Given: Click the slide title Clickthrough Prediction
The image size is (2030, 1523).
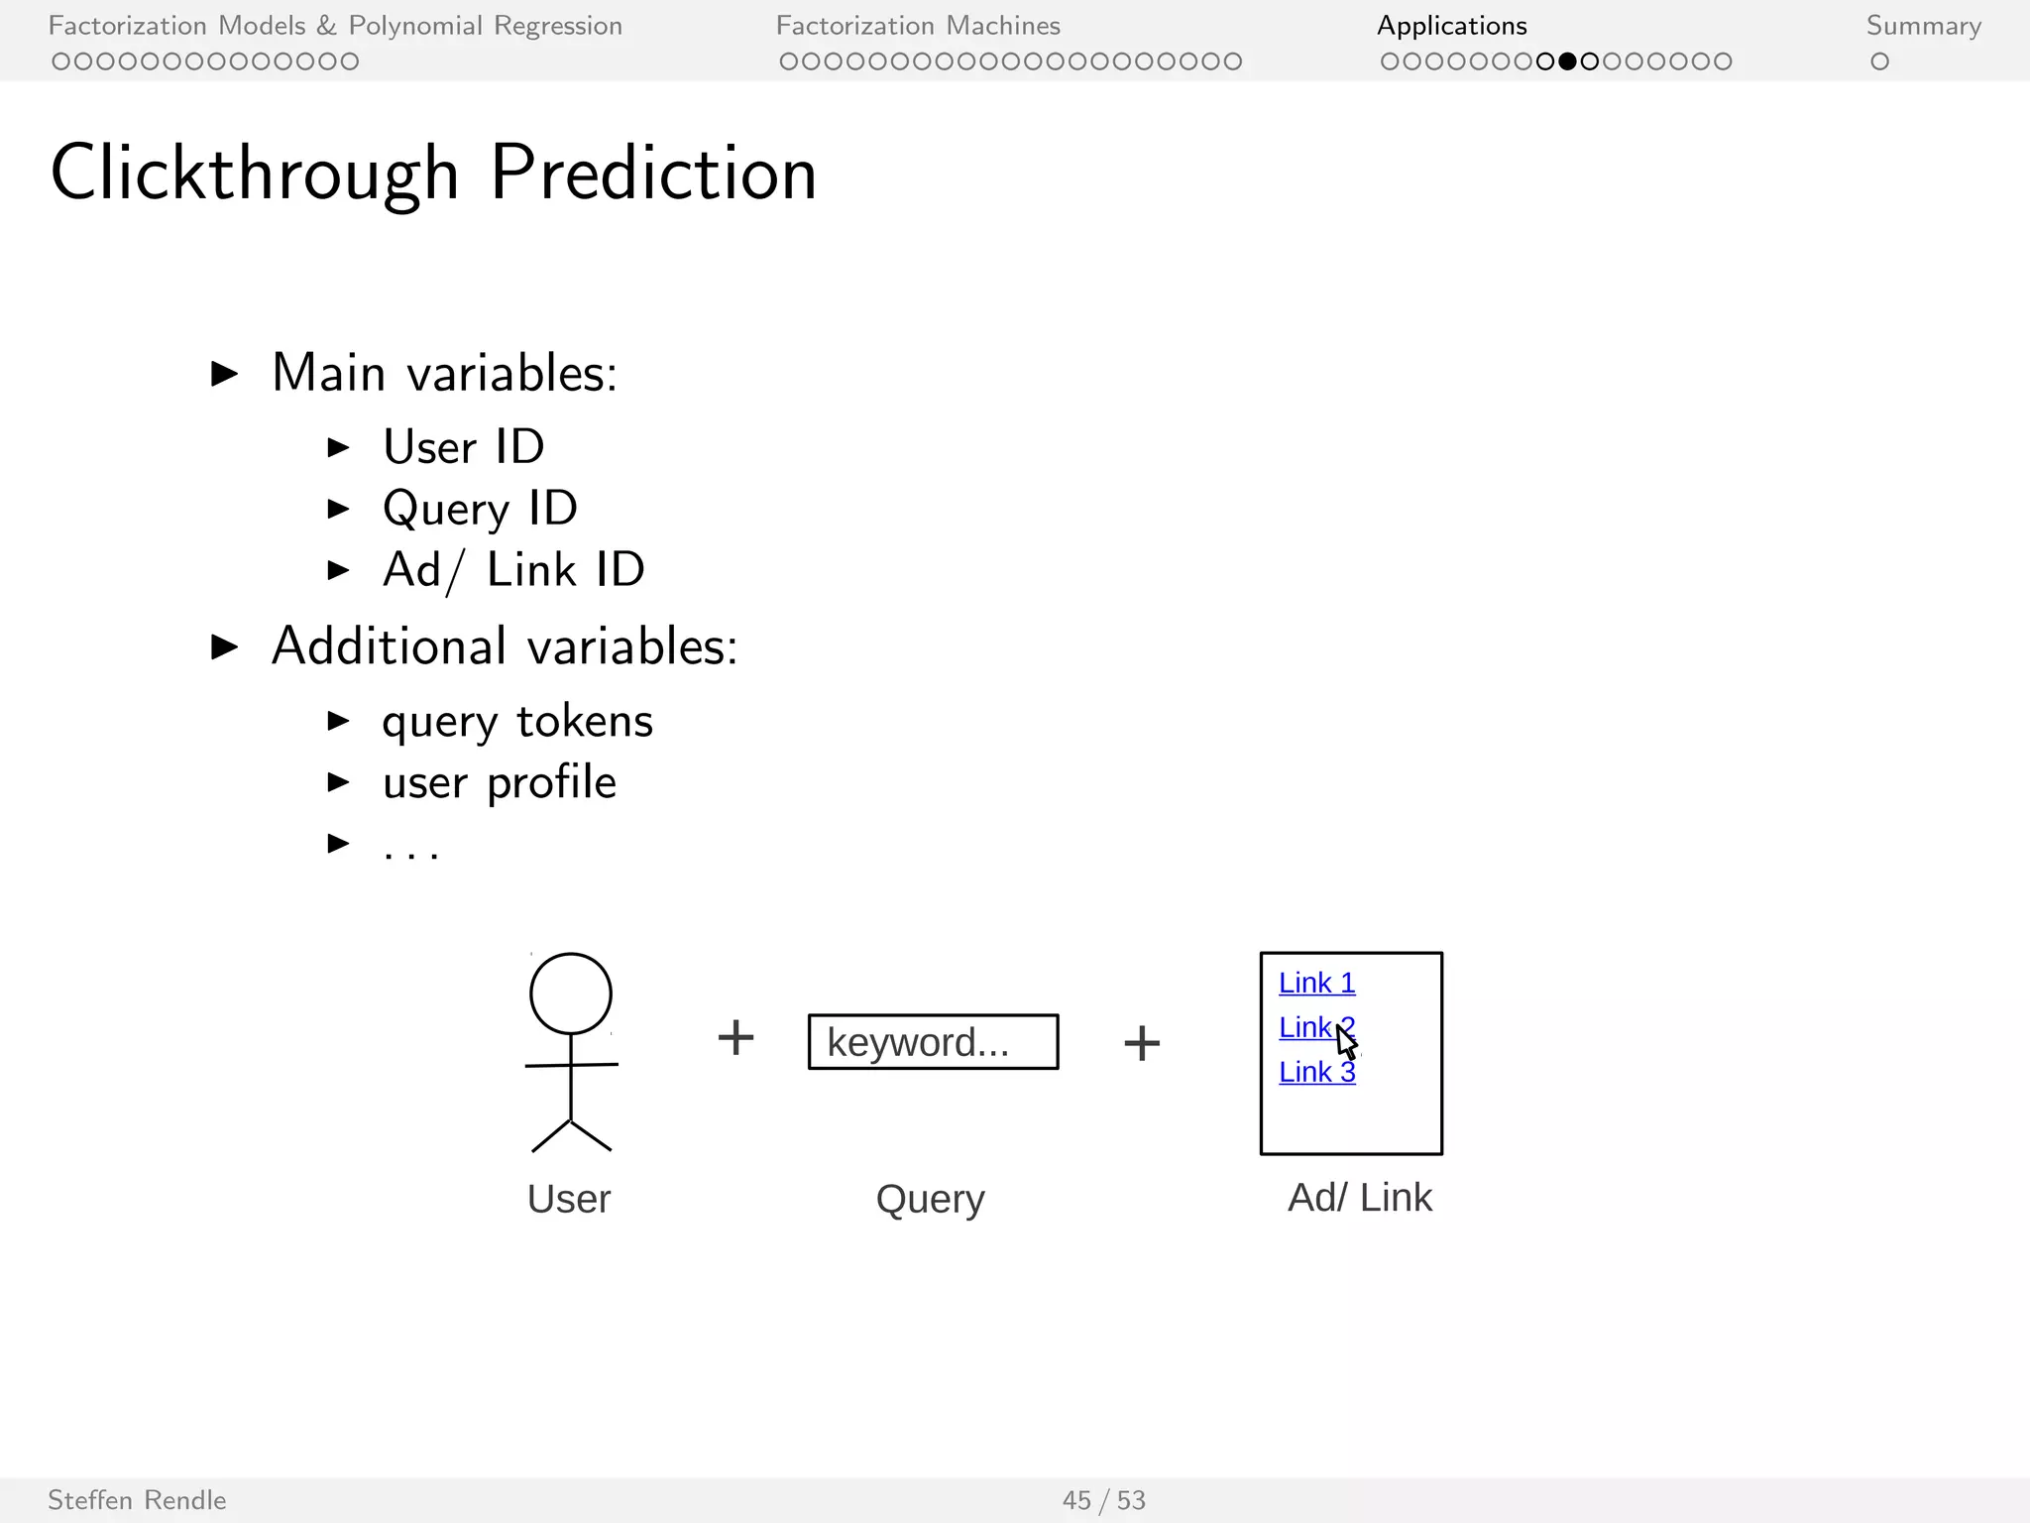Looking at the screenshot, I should pyautogui.click(x=433, y=173).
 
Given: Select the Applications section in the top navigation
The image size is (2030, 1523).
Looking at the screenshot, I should pyautogui.click(x=1451, y=26).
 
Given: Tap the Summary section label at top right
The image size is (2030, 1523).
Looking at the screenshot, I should pyautogui.click(x=1923, y=26).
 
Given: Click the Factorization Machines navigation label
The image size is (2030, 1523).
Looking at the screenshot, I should pyautogui.click(x=918, y=26).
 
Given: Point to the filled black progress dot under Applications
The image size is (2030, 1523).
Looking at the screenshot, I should pyautogui.click(x=1567, y=61).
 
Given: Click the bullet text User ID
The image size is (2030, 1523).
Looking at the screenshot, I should pyautogui.click(x=464, y=447).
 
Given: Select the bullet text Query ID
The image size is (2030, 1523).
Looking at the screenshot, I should pyautogui.click(x=480, y=509).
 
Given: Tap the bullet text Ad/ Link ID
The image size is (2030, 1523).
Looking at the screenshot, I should pyautogui.click(x=513, y=570).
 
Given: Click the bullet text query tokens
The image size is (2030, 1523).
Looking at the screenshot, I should pyautogui.click(x=517, y=721).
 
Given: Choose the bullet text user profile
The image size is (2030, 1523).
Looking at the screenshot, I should pyautogui.click(x=500, y=782).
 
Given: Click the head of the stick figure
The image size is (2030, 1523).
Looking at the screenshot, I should pyautogui.click(x=571, y=994).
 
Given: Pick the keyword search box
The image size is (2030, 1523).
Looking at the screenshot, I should pyautogui.click(x=933, y=1041).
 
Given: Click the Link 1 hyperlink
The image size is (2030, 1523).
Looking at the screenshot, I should pyautogui.click(x=1316, y=983).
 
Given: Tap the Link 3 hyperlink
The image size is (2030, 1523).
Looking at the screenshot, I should pyautogui.click(x=1316, y=1072).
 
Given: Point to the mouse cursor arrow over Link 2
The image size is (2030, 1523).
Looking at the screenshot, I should pyautogui.click(x=1345, y=1041).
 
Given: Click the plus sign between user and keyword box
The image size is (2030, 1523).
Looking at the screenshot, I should pyautogui.click(x=735, y=1038).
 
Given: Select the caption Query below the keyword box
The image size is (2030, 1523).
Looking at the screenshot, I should pyautogui.click(x=930, y=1200).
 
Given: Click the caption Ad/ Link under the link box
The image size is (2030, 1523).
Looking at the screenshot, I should pyautogui.click(x=1359, y=1198).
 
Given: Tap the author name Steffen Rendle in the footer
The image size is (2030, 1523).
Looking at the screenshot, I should pyautogui.click(x=137, y=1500).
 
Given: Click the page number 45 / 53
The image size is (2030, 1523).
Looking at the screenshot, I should pyautogui.click(x=1103, y=1500).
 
